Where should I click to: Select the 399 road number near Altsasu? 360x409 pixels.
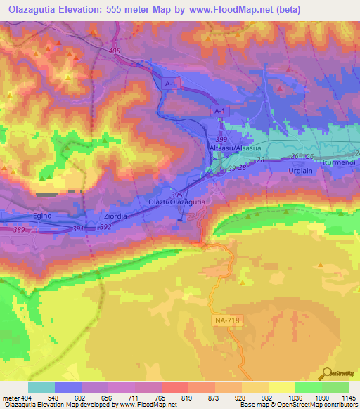[x=221, y=140]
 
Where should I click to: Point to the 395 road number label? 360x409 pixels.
[x=176, y=195]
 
